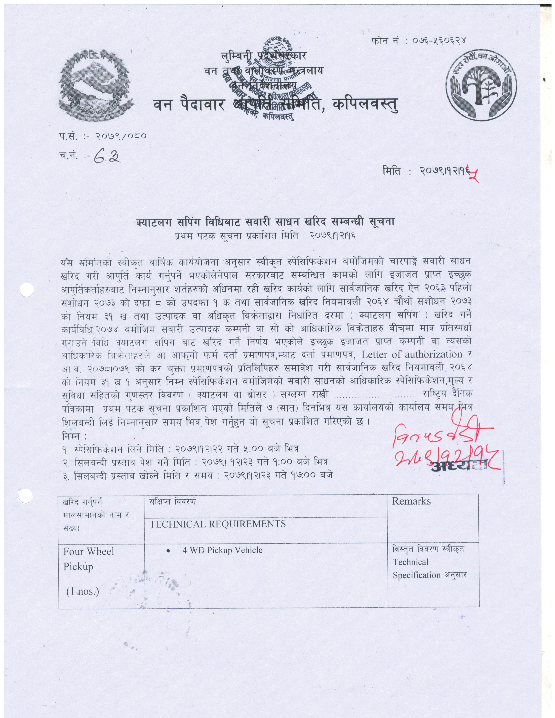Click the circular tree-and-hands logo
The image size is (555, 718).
481,87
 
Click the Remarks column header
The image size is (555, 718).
411,501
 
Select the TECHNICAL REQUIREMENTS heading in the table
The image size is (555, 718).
218,524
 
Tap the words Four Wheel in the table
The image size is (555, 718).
88,551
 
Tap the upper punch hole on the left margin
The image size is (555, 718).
27,290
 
